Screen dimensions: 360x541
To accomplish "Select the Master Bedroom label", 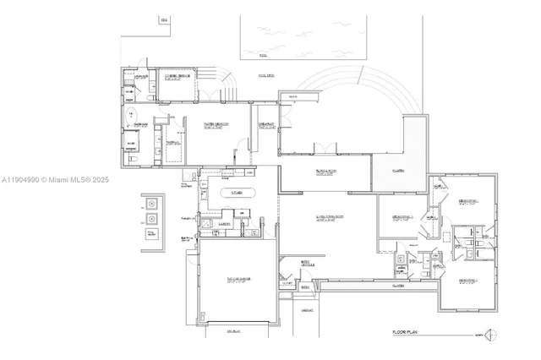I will [216, 126].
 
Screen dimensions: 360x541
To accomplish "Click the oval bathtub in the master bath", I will [129, 116].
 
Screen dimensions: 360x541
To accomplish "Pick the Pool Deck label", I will [265, 76].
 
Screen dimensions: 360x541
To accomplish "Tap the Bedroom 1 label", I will [470, 200].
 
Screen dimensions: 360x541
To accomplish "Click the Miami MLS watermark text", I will [51, 180].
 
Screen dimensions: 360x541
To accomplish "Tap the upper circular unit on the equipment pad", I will [152, 204].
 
